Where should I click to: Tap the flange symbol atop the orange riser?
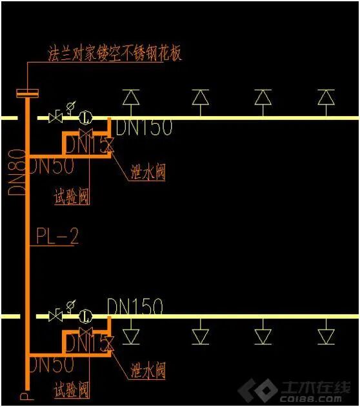(28, 94)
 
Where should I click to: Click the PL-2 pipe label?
(56, 237)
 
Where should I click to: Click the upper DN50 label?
(52, 165)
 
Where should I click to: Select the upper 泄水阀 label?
(147, 172)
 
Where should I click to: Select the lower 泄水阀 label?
(147, 370)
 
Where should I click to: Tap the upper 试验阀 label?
(71, 195)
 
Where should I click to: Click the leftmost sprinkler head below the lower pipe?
(132, 336)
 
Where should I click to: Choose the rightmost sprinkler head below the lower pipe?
(326, 336)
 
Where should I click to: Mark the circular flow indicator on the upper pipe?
(85, 118)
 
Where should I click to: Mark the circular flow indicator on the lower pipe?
(85, 316)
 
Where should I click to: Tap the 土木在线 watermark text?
(316, 388)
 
